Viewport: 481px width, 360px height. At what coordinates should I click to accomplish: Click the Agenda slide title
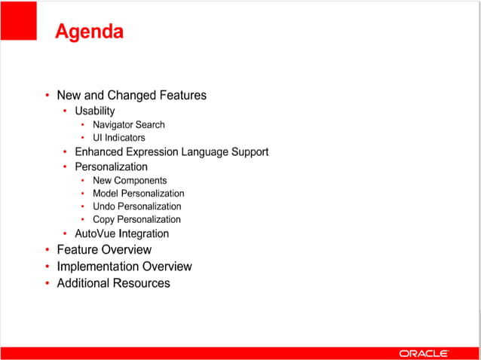[x=90, y=32]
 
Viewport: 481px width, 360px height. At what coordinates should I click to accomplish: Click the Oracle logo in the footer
[x=424, y=352]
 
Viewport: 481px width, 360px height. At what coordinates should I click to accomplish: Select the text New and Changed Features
[x=131, y=95]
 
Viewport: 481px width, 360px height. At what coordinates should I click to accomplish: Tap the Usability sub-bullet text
[x=95, y=111]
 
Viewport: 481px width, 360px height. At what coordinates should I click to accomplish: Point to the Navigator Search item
[x=128, y=124]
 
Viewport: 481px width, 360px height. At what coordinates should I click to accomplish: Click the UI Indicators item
[x=118, y=138]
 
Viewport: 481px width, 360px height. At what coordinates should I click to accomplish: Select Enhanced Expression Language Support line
[x=171, y=151]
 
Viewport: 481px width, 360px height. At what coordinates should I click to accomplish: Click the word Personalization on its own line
[x=111, y=166]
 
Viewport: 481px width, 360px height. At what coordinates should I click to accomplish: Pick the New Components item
[x=130, y=180]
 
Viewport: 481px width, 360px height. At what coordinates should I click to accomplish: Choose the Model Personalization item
[x=138, y=194]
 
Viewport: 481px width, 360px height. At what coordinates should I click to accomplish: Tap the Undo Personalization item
[x=136, y=206]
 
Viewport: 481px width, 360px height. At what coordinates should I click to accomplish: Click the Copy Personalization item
[x=136, y=219]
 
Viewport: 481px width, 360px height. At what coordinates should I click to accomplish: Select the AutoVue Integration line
[x=121, y=233]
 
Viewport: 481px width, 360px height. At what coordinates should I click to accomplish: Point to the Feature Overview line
[x=104, y=249]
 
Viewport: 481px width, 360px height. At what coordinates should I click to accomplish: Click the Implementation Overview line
[x=124, y=267]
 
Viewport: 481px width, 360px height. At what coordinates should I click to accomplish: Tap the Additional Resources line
[x=113, y=283]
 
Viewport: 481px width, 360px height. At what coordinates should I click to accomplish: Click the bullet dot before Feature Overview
[x=47, y=250]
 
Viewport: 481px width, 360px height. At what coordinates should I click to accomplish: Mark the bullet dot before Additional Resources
[x=47, y=284]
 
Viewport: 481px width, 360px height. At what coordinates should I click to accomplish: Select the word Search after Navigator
[x=149, y=124]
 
